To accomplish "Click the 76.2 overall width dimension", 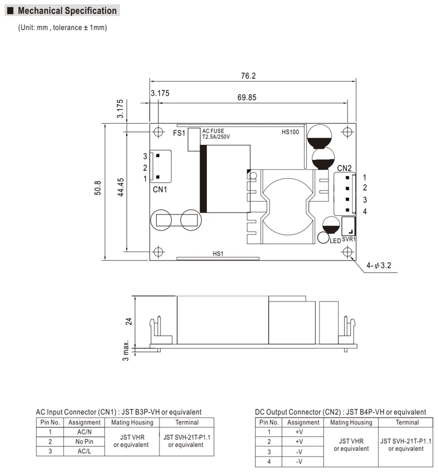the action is coord(248,76).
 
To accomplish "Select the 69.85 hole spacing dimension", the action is coord(247,97).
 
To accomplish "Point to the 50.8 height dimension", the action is coord(98,188).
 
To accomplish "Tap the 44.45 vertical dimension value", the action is coord(121,187).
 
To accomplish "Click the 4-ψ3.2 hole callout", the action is coord(379,265).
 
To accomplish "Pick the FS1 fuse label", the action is coord(179,133).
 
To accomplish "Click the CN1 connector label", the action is coord(160,189).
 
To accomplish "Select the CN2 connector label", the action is coord(344,168).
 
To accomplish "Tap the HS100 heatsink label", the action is coord(290,132).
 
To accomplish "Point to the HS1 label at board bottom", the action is coord(218,254).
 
